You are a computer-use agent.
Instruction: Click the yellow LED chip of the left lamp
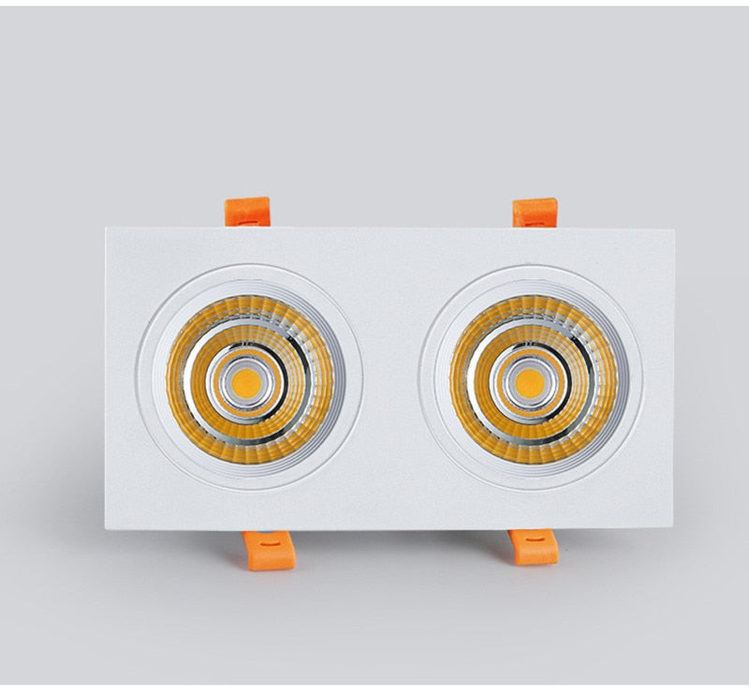[246, 380]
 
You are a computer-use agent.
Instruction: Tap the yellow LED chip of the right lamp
[529, 381]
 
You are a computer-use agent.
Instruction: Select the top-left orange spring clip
[248, 212]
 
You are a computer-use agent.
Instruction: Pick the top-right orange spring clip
[536, 213]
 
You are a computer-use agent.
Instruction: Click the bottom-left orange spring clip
[270, 549]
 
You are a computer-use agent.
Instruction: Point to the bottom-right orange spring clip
[534, 547]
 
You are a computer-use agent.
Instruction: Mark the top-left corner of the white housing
[107, 229]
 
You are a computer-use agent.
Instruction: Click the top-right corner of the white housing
[673, 229]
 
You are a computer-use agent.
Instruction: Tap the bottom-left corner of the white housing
[107, 529]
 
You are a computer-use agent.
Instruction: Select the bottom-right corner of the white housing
[671, 529]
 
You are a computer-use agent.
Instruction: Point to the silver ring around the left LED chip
[246, 356]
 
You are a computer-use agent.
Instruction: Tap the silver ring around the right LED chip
[529, 357]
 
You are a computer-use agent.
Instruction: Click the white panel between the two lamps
[389, 379]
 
